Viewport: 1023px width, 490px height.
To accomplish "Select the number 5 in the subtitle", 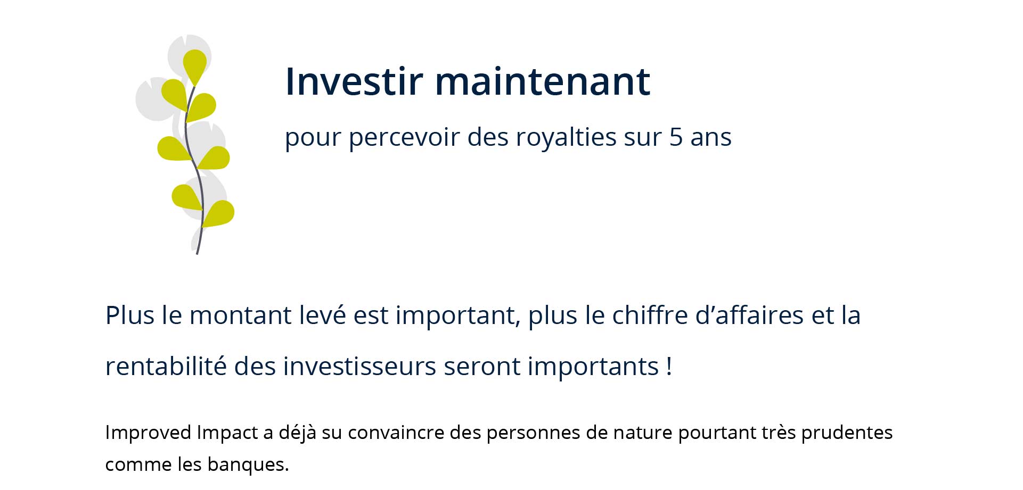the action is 676,137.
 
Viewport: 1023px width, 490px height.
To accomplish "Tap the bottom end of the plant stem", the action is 197,254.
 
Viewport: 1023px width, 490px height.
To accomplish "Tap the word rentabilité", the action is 166,366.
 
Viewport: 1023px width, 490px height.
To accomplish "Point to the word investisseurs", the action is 359,366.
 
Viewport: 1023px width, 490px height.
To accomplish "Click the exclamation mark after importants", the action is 669,366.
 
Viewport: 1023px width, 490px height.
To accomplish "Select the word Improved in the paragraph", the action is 148,433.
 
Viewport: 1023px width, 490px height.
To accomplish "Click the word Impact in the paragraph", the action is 227,433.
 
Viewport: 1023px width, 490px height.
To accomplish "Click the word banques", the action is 248,464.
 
